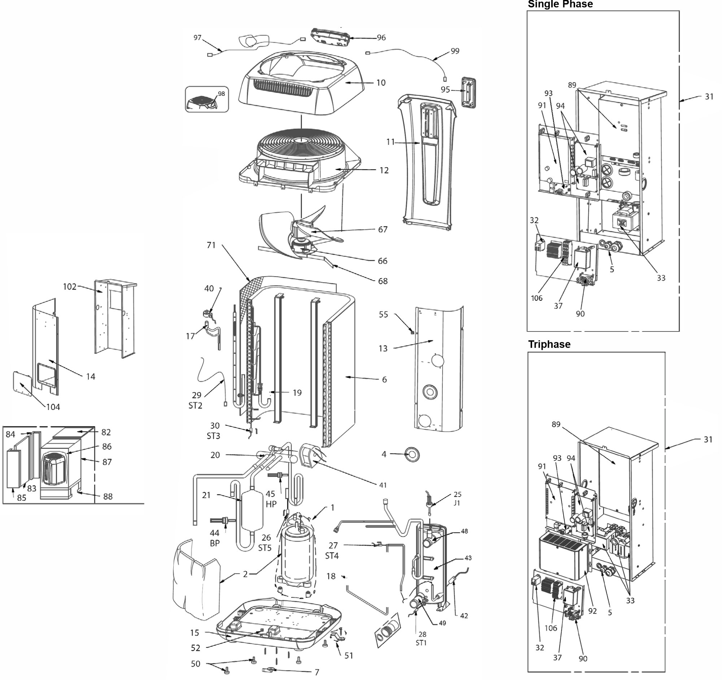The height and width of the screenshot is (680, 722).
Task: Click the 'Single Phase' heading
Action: coord(560,4)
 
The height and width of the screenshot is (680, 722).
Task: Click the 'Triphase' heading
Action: coord(549,345)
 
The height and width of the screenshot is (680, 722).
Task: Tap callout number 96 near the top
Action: coord(381,38)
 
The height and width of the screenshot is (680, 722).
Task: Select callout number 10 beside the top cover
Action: coord(380,83)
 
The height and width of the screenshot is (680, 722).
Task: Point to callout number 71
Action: coord(211,246)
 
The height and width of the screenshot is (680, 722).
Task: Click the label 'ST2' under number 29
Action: coord(195,406)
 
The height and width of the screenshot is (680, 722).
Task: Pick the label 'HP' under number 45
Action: coord(271,504)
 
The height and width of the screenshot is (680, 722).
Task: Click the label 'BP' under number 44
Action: coord(215,544)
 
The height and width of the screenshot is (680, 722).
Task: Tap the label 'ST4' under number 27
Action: coord(332,556)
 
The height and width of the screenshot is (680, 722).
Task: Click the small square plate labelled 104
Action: coord(22,383)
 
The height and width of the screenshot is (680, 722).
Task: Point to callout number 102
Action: coord(69,287)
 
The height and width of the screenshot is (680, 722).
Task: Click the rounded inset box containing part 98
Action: coord(206,99)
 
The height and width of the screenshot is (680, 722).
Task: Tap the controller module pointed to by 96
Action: coord(328,37)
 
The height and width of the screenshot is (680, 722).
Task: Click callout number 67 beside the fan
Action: coord(383,230)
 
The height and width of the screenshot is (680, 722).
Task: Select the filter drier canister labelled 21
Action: coord(251,511)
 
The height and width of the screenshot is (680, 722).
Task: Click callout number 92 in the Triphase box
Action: coord(592,611)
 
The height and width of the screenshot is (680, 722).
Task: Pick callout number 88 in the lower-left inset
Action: coord(108,496)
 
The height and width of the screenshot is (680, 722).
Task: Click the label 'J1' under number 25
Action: coord(457,503)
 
